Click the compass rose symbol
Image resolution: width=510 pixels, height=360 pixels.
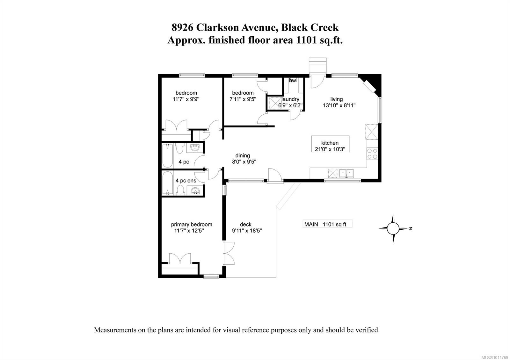[393, 228]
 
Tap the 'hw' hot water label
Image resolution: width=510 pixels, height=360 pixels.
[292, 81]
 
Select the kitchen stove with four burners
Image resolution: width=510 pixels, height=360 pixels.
[372, 154]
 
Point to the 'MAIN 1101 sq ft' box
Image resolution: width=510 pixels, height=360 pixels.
[327, 224]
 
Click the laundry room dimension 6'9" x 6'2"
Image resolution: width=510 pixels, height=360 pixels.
[290, 105]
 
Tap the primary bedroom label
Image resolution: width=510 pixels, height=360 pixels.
[191, 224]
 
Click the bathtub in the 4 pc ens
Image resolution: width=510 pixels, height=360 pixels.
[167, 184]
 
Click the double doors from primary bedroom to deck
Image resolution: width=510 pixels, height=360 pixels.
[229, 253]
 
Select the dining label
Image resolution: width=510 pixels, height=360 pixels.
[243, 155]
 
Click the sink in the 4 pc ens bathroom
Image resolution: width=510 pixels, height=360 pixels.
[194, 191]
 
